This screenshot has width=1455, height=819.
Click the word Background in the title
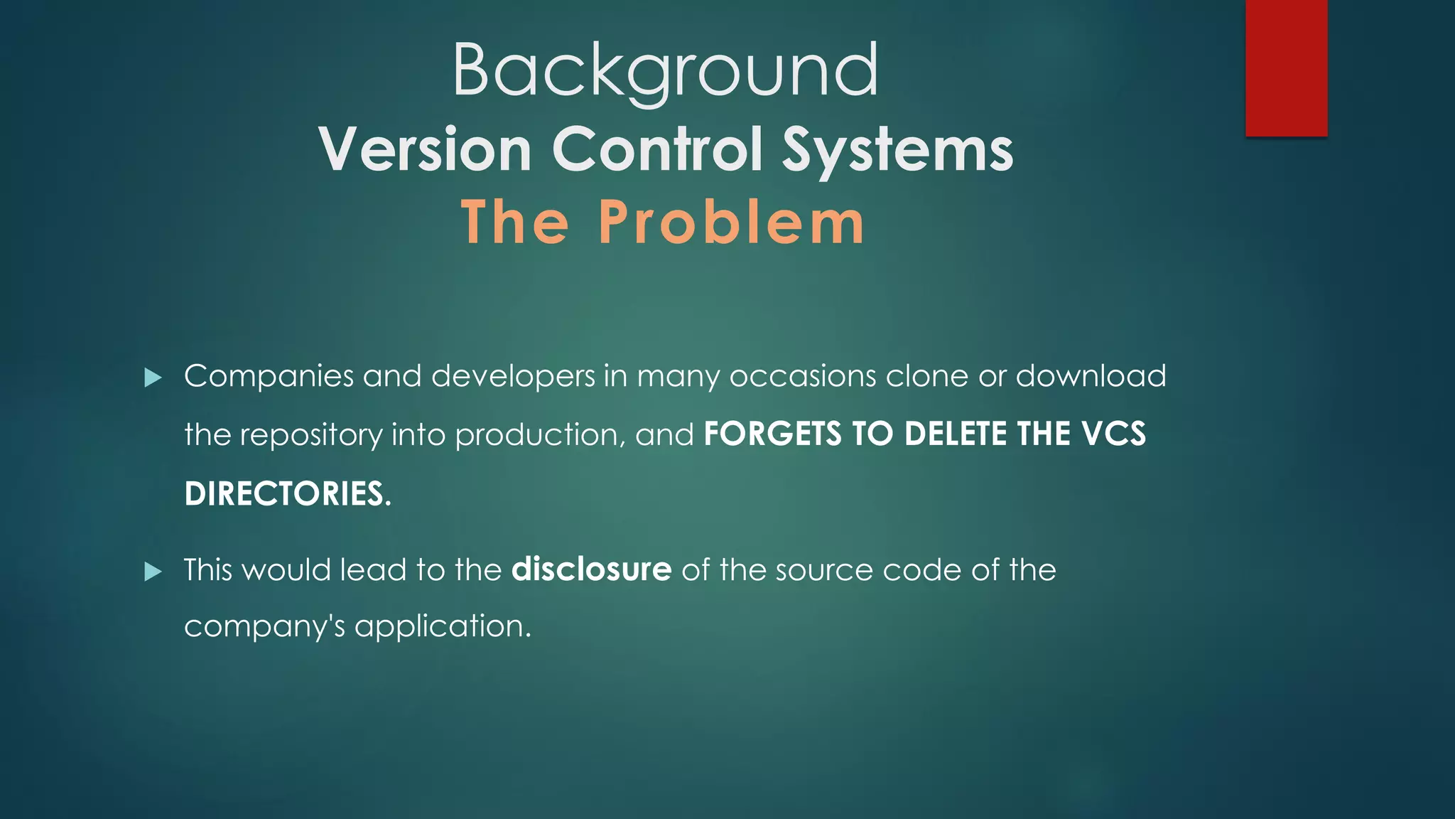tap(666, 70)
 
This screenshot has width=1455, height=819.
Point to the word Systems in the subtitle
tap(897, 151)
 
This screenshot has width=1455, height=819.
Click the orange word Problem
tap(731, 222)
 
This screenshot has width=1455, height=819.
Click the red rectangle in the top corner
tap(1286, 68)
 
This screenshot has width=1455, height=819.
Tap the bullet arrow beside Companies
tap(153, 378)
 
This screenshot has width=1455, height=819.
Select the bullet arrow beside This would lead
tap(153, 572)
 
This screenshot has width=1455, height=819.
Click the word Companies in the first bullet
tap(269, 377)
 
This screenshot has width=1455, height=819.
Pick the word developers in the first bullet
tap(513, 377)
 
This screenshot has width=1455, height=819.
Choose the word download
tap(1091, 376)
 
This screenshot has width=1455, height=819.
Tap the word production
tap(539, 435)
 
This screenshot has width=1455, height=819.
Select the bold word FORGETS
tap(772, 434)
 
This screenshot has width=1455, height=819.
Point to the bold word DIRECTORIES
tap(287, 493)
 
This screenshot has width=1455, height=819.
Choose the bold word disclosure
tap(591, 569)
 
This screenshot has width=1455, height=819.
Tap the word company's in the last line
tap(264, 627)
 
